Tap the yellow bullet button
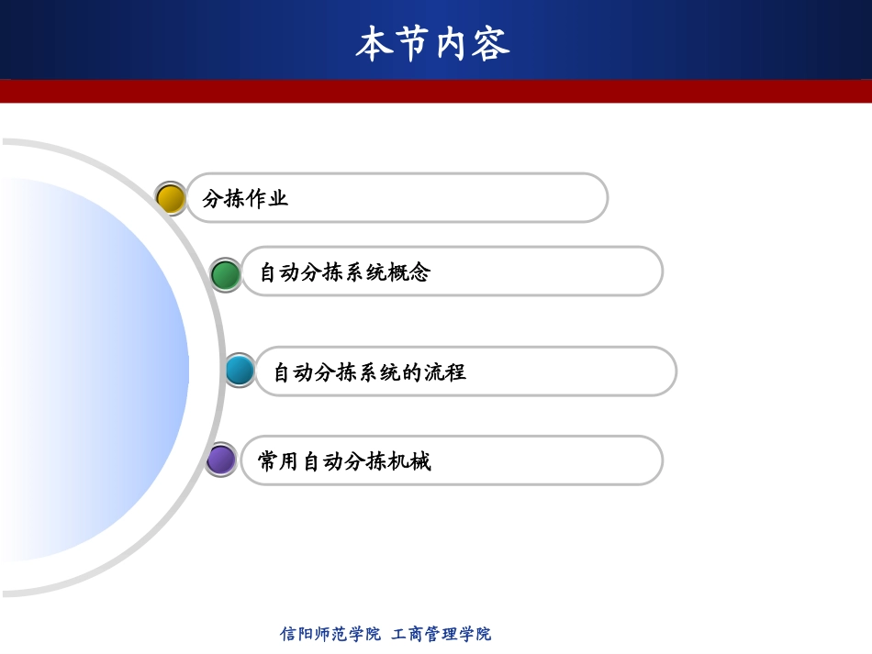click(171, 199)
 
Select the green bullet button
click(225, 274)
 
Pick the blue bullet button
click(240, 371)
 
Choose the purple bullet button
click(220, 460)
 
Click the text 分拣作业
click(245, 198)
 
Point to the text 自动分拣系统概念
click(344, 272)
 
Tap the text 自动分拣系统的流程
click(370, 372)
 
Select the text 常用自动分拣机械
click(344, 461)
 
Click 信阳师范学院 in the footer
click(330, 634)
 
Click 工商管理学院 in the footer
click(442, 634)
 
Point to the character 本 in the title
click(374, 44)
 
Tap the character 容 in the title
click(492, 44)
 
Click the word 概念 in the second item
click(408, 272)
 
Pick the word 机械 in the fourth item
click(408, 461)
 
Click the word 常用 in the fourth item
click(279, 461)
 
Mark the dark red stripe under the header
click(436, 91)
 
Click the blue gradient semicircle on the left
click(92, 367)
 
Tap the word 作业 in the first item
click(267, 198)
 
